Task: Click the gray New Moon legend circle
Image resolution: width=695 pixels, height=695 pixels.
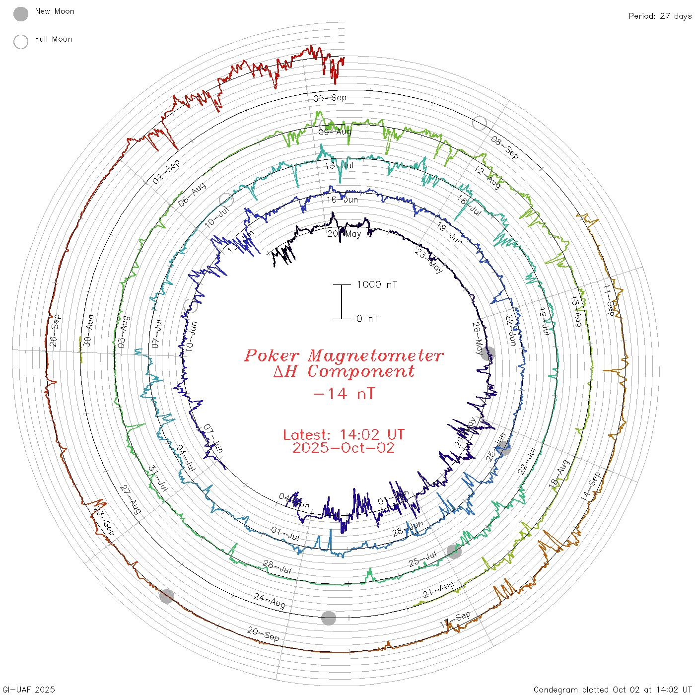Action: [x=21, y=14]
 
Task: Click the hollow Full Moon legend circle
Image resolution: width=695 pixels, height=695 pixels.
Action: [x=21, y=42]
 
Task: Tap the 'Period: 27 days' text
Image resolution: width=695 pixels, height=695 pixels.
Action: [x=660, y=16]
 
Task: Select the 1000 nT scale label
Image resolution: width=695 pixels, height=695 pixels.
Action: [x=377, y=284]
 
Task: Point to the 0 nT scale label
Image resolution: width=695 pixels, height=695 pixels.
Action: [x=367, y=318]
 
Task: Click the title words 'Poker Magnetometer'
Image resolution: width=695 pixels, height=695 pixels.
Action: [x=344, y=355]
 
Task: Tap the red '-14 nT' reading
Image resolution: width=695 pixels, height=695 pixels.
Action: [x=344, y=394]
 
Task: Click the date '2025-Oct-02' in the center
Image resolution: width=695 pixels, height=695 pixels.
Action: [x=344, y=448]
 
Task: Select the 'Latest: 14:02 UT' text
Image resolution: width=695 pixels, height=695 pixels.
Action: [x=344, y=435]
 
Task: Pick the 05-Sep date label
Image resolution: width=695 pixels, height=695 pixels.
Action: [x=330, y=98]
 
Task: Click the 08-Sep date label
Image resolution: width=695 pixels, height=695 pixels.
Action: [x=505, y=147]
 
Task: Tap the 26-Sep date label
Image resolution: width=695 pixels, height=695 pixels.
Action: [x=54, y=330]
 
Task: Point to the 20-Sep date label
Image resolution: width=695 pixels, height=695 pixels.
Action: [x=263, y=633]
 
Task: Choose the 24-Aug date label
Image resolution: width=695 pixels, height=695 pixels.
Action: [x=270, y=600]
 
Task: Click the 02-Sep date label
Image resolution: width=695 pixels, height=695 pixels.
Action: [x=166, y=172]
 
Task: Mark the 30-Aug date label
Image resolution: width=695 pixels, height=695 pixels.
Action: [x=88, y=330]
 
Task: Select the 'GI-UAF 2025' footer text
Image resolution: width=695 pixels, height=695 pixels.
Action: [x=28, y=690]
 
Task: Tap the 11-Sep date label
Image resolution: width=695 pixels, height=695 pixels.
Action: [x=609, y=299]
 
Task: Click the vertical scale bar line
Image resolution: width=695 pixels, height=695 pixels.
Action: [x=342, y=301]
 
